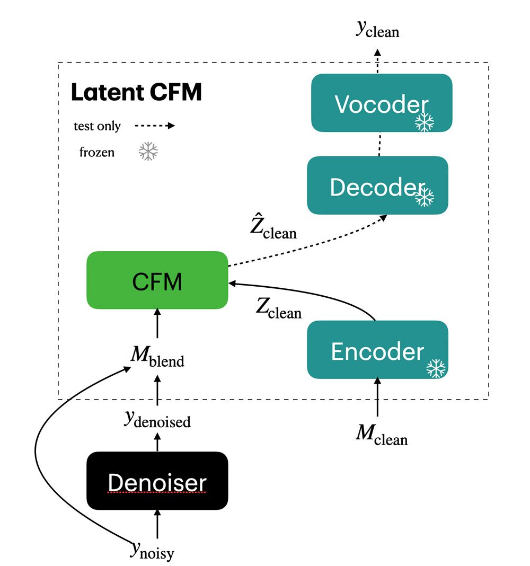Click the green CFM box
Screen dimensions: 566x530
coord(157,280)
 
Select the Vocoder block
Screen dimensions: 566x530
coord(381,103)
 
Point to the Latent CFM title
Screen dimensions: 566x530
coord(136,92)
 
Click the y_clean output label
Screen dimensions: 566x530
coord(377,30)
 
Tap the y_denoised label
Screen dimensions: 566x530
coord(157,420)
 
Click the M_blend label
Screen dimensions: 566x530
coord(157,359)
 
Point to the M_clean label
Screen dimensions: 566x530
coord(382,436)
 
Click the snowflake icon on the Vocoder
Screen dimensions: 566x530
coord(424,122)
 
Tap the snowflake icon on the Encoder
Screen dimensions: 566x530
coord(436,368)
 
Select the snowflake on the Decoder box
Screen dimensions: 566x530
coord(424,197)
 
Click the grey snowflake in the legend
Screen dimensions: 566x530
coord(148,153)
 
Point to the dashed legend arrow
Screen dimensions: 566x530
coord(155,126)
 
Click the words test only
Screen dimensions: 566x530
coord(97,126)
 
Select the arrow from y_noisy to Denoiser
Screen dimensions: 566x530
coord(157,525)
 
